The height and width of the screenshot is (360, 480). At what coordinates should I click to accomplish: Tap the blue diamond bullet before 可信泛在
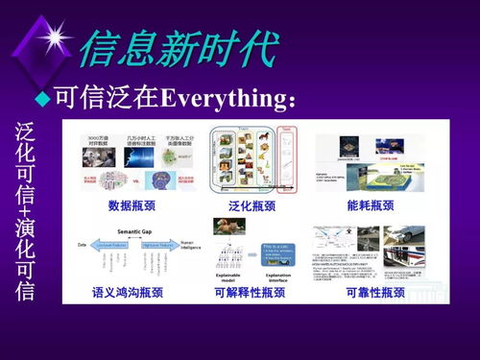[x=42, y=98]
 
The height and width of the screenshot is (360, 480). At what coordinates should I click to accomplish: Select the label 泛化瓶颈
[x=252, y=204]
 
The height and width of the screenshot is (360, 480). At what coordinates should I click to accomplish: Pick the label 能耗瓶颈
[x=370, y=204]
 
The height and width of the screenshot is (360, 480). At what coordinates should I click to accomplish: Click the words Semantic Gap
[x=128, y=231]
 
